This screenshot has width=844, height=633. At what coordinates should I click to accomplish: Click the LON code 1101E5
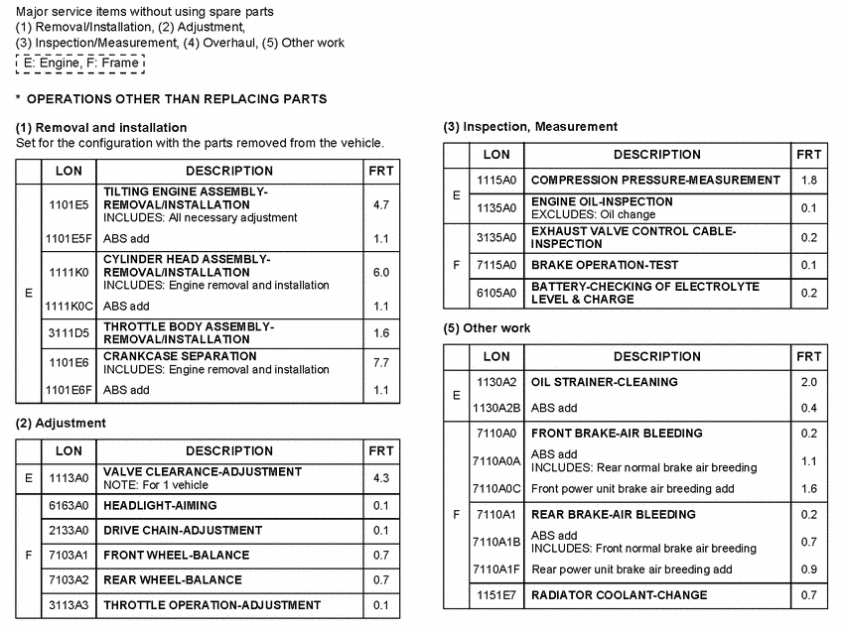[69, 204]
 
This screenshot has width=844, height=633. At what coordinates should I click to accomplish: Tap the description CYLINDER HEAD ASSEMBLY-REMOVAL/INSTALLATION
[187, 265]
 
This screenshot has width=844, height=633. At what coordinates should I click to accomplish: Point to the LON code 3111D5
[69, 333]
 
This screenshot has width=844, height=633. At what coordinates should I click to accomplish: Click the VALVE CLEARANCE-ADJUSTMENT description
[203, 472]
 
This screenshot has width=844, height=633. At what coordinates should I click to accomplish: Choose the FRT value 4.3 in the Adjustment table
[380, 478]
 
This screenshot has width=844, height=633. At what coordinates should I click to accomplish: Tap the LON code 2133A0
[69, 530]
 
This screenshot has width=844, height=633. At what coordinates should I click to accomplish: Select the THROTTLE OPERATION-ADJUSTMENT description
[212, 604]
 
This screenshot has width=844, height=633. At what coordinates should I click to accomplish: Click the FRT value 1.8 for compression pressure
[808, 181]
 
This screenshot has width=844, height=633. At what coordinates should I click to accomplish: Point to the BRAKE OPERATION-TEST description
[605, 265]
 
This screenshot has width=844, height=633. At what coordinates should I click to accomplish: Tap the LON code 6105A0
[496, 293]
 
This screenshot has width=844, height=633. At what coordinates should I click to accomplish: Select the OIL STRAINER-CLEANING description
[605, 382]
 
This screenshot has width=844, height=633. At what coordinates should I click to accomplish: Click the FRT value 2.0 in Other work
[808, 382]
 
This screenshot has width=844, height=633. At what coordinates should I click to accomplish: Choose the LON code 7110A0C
[496, 489]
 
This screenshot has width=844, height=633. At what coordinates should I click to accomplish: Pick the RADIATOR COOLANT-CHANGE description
[620, 595]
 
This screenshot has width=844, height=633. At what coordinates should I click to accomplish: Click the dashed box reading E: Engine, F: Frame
[80, 63]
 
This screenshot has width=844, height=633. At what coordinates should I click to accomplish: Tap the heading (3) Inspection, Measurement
[530, 127]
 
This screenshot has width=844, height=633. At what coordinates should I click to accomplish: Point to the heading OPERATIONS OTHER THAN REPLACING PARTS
[177, 99]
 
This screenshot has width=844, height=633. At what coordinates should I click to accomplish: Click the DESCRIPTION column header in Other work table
[656, 356]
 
